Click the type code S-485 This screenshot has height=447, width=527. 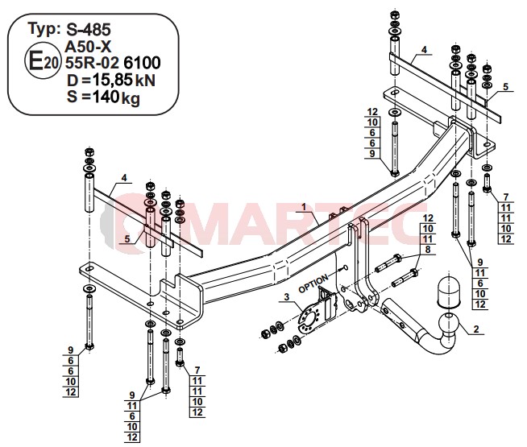point(88,30)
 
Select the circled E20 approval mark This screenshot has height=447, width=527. point(43,61)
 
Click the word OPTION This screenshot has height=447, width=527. point(313,284)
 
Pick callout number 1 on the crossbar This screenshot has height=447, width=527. point(304,207)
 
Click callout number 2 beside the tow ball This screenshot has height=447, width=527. point(476,329)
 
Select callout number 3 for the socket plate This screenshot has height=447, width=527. point(286,296)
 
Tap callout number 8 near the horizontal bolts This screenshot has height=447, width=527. point(428,250)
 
